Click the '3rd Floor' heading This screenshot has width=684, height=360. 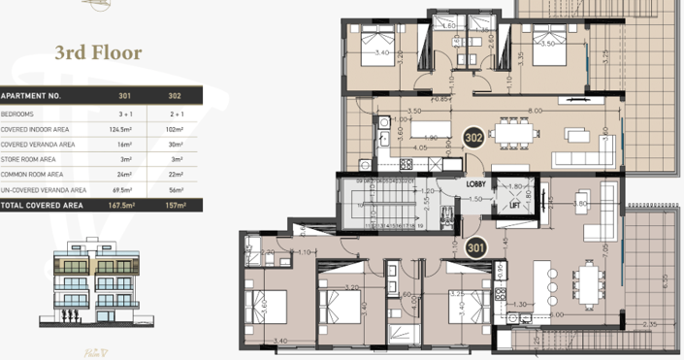coord(100,52)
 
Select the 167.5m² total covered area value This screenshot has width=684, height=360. coord(123,206)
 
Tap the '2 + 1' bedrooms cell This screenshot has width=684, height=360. coord(175,113)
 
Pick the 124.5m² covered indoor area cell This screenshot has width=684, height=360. coord(123,128)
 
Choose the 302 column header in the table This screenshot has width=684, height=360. coord(175,97)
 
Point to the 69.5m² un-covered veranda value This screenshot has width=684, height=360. coord(123,190)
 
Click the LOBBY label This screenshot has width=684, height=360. coord(476,183)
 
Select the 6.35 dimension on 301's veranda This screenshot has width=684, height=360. coord(665,282)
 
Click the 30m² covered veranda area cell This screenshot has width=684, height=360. coord(175,144)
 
